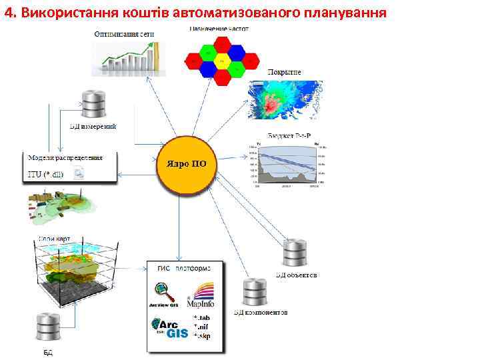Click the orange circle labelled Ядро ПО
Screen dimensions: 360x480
pyautogui.click(x=181, y=164)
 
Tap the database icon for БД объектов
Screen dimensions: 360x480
pyautogui.click(x=295, y=253)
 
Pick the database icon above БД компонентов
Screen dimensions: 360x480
pyautogui.click(x=256, y=291)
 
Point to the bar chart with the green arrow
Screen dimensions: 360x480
pyautogui.click(x=127, y=56)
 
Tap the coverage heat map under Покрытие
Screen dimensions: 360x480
pyautogui.click(x=283, y=99)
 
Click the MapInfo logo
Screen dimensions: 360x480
pyautogui.click(x=201, y=293)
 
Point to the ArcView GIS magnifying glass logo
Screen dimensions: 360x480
pyautogui.click(x=163, y=293)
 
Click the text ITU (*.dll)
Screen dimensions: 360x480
pyautogui.click(x=46, y=175)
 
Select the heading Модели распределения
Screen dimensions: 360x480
pyautogui.click(x=65, y=159)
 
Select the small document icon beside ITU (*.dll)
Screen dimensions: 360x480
pyautogui.click(x=78, y=174)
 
